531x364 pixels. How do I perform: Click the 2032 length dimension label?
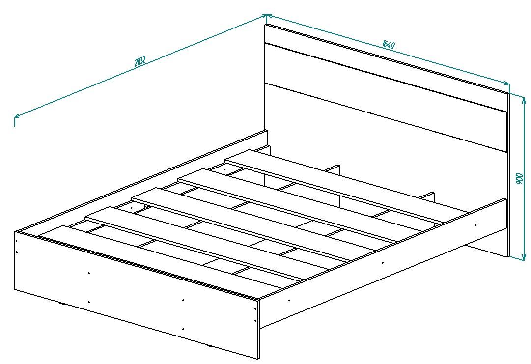140,61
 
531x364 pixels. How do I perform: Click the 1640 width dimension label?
389,44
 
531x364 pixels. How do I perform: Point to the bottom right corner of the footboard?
259,359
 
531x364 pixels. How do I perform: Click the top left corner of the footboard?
15,231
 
